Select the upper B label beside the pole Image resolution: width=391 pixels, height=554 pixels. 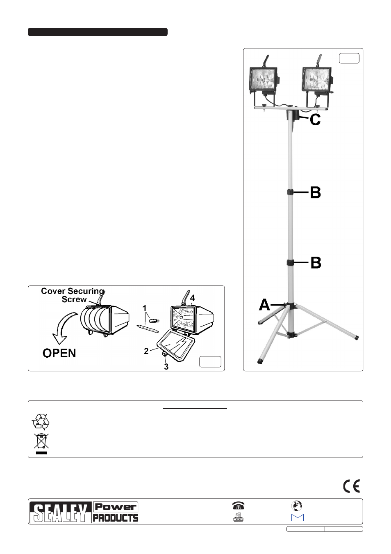click(316, 193)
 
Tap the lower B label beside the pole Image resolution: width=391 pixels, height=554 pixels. click(316, 262)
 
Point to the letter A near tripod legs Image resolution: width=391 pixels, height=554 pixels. click(264, 304)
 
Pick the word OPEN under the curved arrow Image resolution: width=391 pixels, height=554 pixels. click(59, 353)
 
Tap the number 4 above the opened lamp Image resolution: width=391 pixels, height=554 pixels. click(192, 298)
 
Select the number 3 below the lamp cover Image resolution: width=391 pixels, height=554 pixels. click(166, 367)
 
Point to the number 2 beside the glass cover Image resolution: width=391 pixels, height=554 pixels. click(146, 351)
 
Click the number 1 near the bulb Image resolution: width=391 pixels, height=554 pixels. click(145, 308)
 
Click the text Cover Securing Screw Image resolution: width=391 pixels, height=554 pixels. click(73, 295)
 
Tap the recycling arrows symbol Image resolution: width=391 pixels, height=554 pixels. click(41, 421)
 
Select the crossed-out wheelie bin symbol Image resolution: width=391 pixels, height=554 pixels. click(41, 444)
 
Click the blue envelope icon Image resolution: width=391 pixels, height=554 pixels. click(298, 517)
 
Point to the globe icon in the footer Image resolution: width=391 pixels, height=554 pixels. click(296, 506)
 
